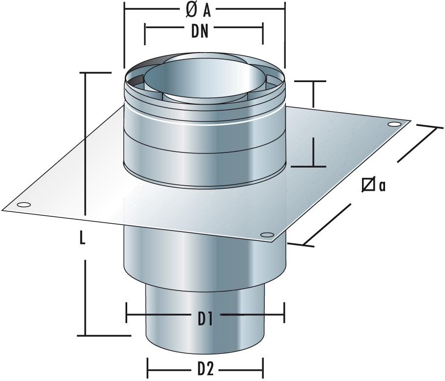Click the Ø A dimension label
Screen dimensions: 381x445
pyautogui.click(x=204, y=8)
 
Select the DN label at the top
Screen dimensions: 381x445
pyautogui.click(x=204, y=32)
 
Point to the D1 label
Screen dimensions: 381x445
pyautogui.click(x=205, y=320)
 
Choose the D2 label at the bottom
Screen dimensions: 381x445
pyautogui.click(x=205, y=368)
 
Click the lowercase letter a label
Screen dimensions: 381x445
pyautogui.click(x=381, y=185)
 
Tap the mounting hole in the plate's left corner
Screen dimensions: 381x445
pyautogui.click(x=23, y=205)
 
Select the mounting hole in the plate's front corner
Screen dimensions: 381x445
pyautogui.click(x=266, y=234)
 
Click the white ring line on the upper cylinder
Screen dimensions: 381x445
pyautogui.click(x=204, y=121)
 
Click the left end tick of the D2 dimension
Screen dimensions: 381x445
pyautogui.click(x=148, y=368)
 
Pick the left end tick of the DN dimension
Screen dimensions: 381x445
pyautogui.click(x=145, y=32)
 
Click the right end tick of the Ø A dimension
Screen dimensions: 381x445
pyautogui.click(x=285, y=8)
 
